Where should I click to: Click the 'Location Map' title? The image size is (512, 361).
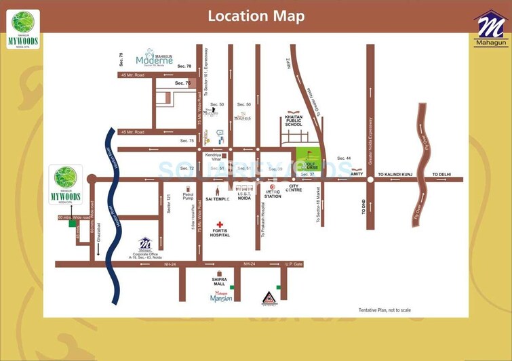click(x=256, y=16)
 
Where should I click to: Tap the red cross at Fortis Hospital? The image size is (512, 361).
click(x=220, y=224)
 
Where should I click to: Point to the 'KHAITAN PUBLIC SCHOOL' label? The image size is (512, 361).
click(x=293, y=121)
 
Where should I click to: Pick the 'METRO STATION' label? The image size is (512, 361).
click(x=273, y=194)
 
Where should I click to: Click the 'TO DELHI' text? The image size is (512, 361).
click(x=440, y=174)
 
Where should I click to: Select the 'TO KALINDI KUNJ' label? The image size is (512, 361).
click(x=399, y=174)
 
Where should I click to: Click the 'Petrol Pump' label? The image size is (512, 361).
click(x=188, y=197)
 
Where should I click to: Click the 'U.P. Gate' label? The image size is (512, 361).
click(x=294, y=263)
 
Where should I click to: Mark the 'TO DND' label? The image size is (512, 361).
click(x=363, y=206)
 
